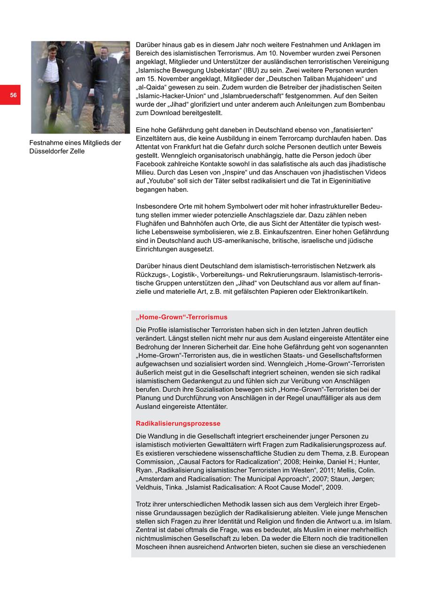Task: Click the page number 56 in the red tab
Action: tap(13, 95)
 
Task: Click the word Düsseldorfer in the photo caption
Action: tap(49, 151)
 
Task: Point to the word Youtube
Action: tap(162, 181)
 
